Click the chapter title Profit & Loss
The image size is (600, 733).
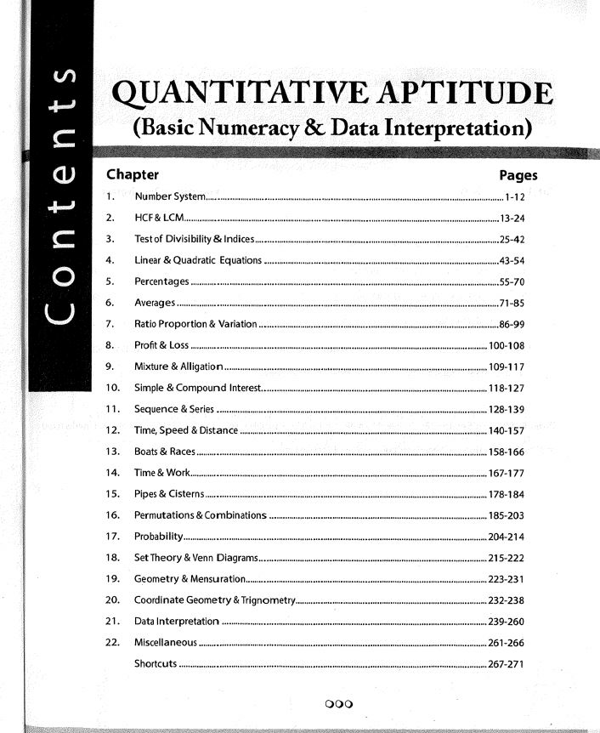(x=161, y=345)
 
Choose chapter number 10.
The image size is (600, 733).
(x=111, y=388)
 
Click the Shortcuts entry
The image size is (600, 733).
(x=156, y=662)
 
